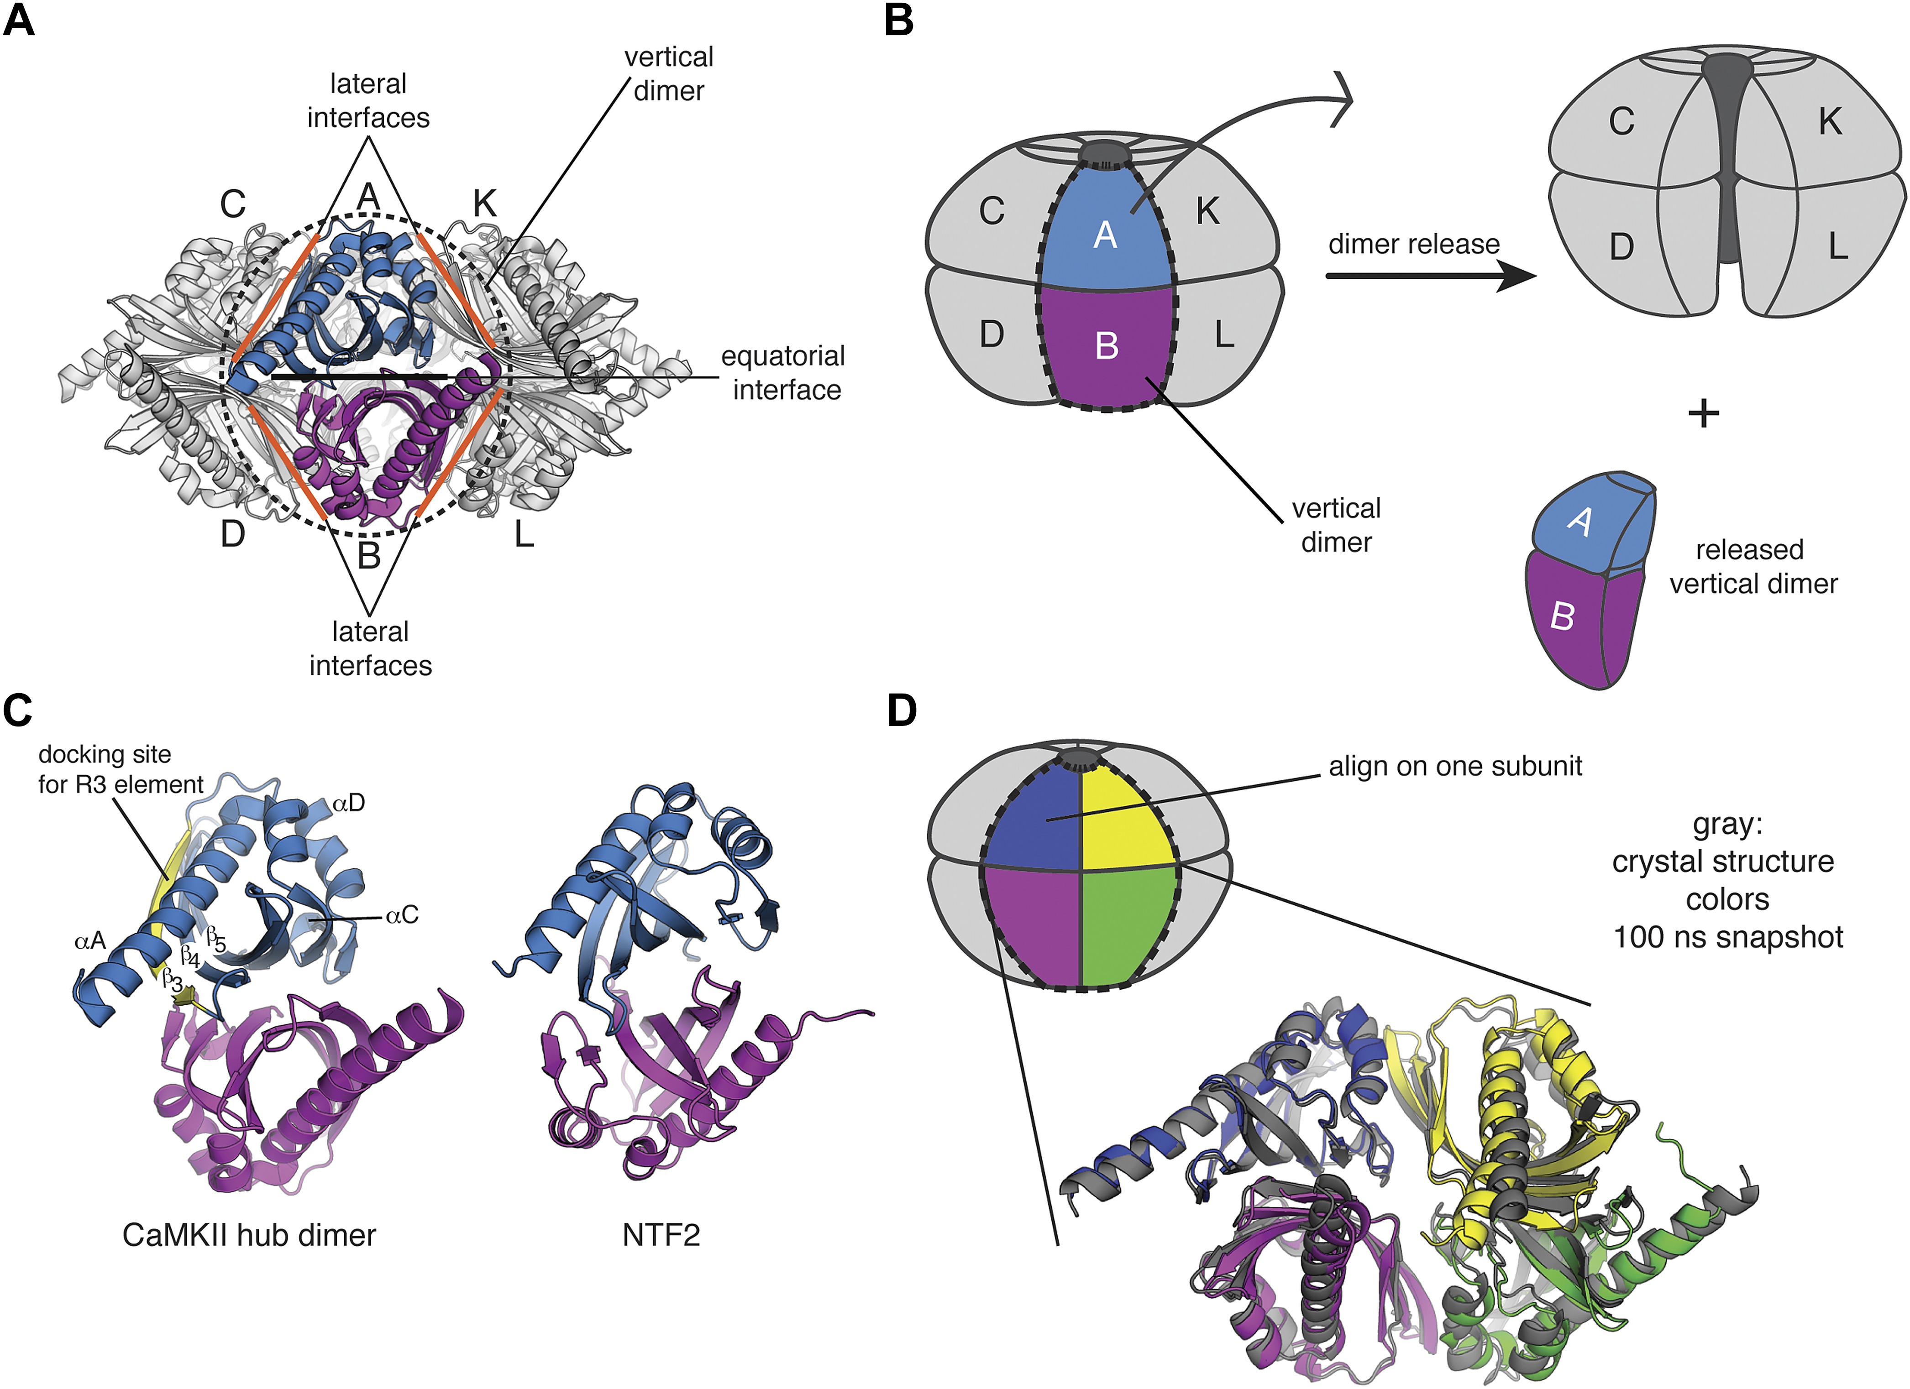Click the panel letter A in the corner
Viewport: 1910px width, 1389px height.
coord(19,20)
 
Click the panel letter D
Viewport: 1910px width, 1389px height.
coord(902,711)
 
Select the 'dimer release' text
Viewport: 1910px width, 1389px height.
coord(1413,244)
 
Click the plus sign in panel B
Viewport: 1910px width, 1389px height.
coord(1703,413)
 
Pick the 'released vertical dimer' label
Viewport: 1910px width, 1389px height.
coord(1753,567)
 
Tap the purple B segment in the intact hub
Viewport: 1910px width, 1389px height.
coord(1106,345)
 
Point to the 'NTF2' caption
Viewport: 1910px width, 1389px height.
coord(661,1235)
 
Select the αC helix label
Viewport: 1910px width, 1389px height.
coord(402,915)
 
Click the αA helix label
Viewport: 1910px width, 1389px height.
coord(90,940)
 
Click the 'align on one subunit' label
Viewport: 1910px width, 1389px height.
coord(1454,766)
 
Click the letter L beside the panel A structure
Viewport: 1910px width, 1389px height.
coord(524,534)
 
